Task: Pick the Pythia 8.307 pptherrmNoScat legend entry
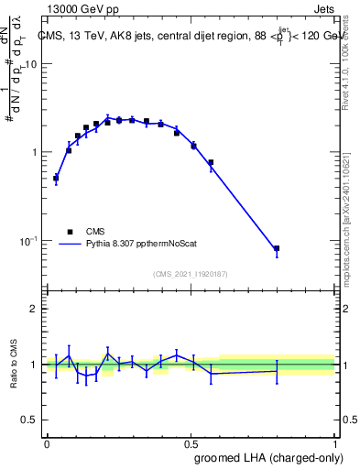pyautogui.click(x=137, y=244)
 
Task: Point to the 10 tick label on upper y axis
pyautogui.click(x=31, y=64)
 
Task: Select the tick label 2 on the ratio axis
pyautogui.click(x=35, y=309)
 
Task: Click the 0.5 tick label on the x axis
pyautogui.click(x=191, y=442)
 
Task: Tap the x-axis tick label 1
pyautogui.click(x=334, y=442)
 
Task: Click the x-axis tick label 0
pyautogui.click(x=47, y=442)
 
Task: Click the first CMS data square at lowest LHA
pyautogui.click(x=56, y=179)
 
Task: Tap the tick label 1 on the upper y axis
pyautogui.click(x=35, y=152)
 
